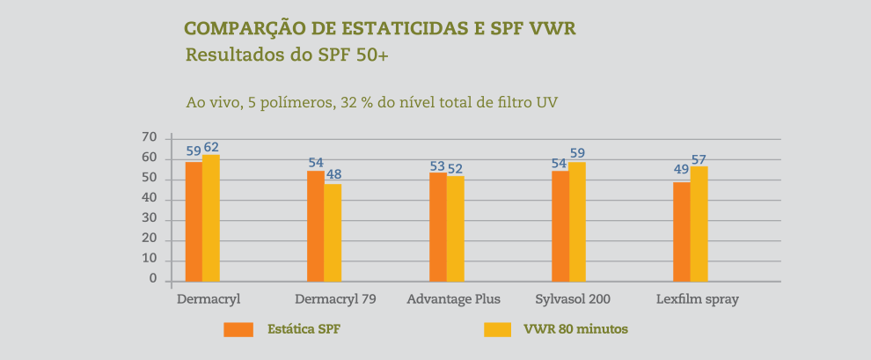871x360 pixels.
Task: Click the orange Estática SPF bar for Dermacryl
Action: click(x=194, y=221)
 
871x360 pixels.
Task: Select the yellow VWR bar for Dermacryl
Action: click(x=211, y=218)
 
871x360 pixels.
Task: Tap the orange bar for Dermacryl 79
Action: click(x=315, y=225)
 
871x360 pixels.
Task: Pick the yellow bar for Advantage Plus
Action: click(x=455, y=228)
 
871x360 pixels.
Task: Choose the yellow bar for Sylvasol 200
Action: click(x=577, y=221)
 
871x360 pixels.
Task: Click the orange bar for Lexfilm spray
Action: click(x=682, y=231)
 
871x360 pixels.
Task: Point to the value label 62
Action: click(x=211, y=147)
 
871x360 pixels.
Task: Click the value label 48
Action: click(x=333, y=174)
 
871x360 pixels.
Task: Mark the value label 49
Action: click(x=681, y=170)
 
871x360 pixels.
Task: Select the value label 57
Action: click(x=699, y=159)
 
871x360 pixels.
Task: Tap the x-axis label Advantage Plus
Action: click(x=453, y=299)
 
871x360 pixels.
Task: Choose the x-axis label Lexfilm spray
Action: click(x=698, y=299)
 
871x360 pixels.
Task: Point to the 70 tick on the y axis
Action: click(x=149, y=138)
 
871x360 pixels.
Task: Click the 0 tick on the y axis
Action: click(x=152, y=279)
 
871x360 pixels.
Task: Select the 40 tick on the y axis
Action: click(x=149, y=199)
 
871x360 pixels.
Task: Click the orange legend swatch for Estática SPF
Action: click(x=238, y=330)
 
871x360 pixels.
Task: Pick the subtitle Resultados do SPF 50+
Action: click(x=287, y=55)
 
